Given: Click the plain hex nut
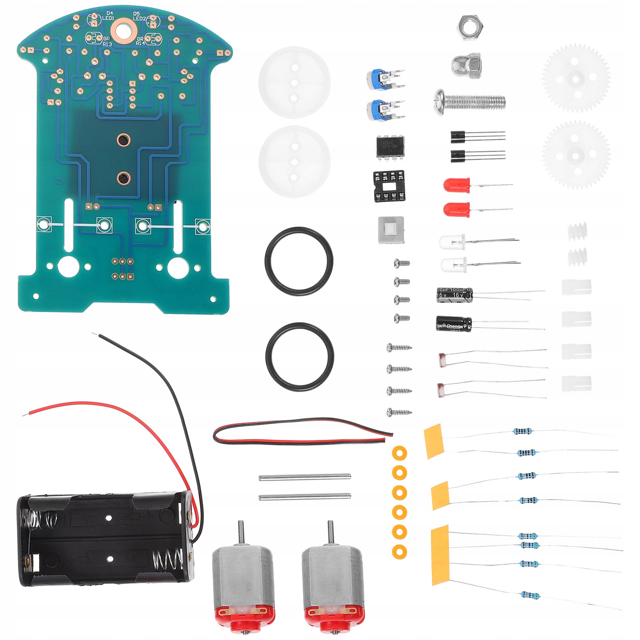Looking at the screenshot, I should coord(471,28).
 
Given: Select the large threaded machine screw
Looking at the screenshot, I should coord(470,102).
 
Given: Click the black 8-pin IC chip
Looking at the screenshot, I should coord(390,147).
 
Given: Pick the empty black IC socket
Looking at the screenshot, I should coord(389,186).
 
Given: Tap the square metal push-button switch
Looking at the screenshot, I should coord(391,230).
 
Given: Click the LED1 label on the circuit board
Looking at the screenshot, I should coord(108,18).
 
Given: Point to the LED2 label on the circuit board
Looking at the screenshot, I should coord(139,18).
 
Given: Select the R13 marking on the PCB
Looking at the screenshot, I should coord(107,44).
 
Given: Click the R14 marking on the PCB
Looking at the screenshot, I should coord(140,43).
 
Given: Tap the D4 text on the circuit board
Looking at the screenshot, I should coord(110,13).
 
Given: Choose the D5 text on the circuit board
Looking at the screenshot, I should coord(136,14).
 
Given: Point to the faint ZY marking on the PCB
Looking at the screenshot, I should coord(60,181).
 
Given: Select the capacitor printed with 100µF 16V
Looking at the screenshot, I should coord(454,294).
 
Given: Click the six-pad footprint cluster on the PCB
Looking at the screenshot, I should coord(123,269).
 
